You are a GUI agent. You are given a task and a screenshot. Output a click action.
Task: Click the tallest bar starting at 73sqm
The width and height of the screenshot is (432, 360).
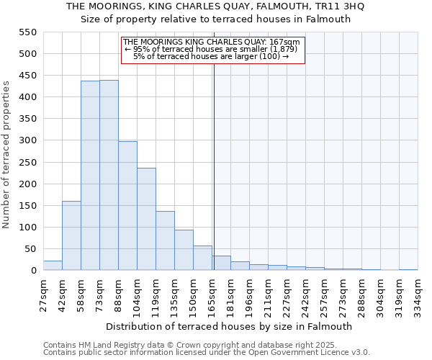pos(109,176)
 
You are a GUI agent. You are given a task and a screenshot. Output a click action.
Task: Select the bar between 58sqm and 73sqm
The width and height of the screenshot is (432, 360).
pos(90,176)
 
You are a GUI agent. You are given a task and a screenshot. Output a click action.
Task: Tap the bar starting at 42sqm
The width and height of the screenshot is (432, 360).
pos(71,235)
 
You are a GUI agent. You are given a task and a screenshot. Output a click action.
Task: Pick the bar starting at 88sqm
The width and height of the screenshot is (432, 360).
pos(127,206)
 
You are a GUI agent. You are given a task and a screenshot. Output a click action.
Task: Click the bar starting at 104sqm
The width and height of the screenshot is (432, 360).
pos(146,220)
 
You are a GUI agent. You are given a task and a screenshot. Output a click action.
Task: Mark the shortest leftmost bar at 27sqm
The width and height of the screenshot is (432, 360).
pos(53,266)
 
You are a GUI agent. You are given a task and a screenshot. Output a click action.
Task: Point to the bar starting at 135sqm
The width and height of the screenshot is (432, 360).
pos(184,251)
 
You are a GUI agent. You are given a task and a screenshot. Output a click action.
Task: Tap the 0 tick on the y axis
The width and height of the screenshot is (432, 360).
pos(32,271)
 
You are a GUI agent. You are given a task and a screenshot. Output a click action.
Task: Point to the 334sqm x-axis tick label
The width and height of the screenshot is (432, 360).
pos(418,294)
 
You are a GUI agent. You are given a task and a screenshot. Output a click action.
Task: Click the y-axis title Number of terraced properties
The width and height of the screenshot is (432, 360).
pos(6,155)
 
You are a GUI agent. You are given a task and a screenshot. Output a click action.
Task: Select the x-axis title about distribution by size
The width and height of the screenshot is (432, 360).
pos(230,326)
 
